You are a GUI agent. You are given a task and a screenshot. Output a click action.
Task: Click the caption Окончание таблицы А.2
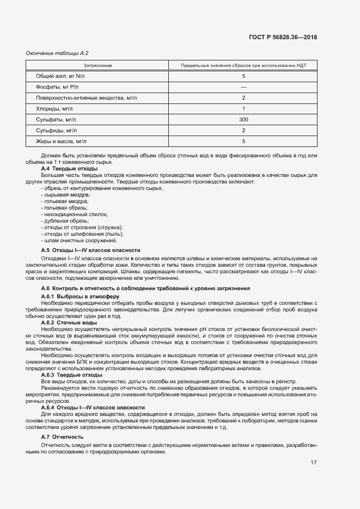tap(57, 53)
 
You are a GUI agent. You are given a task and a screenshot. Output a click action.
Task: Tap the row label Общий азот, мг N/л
tap(60, 76)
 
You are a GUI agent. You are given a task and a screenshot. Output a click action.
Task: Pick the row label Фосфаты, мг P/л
tap(57, 87)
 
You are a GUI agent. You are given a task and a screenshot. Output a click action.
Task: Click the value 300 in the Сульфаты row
tap(243, 119)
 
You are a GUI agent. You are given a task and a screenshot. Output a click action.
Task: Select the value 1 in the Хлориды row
tap(243, 108)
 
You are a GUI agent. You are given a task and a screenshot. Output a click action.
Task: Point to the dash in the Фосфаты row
tap(243, 87)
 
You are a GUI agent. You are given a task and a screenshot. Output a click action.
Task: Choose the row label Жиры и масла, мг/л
tap(61, 141)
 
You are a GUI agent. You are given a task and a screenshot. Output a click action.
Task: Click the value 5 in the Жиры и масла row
tap(243, 141)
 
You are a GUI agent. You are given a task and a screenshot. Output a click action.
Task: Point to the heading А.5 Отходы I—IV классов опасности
tap(90, 250)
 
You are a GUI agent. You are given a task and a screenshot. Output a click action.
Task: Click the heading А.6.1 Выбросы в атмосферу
tap(80, 296)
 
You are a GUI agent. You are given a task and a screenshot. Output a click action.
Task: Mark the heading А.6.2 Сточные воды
tap(69, 323)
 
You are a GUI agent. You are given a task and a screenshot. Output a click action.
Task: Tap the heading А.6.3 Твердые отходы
tap(71, 375)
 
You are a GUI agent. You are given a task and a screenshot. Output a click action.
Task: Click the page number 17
tap(314, 463)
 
